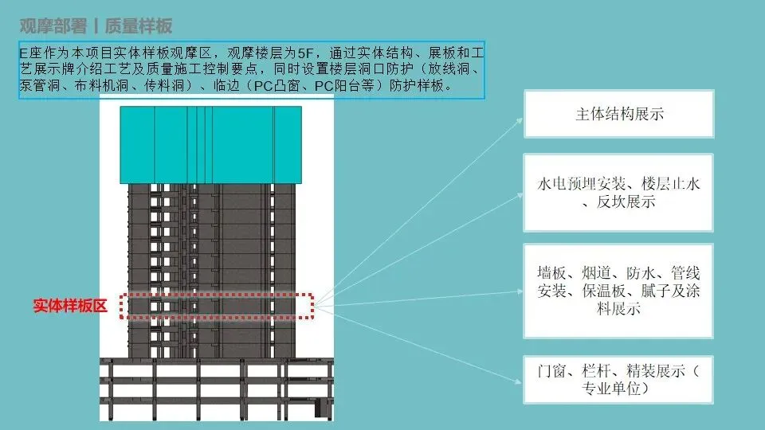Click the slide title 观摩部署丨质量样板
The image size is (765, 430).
click(96, 25)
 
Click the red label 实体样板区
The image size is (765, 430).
click(70, 306)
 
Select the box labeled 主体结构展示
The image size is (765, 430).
click(619, 114)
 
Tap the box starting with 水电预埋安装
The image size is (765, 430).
click(619, 193)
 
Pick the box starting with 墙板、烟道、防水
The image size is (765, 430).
click(619, 291)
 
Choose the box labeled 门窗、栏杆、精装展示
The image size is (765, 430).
click(619, 380)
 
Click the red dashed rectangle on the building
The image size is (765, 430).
click(217, 307)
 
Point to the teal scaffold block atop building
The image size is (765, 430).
click(210, 144)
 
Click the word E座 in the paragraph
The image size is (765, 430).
click(30, 53)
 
